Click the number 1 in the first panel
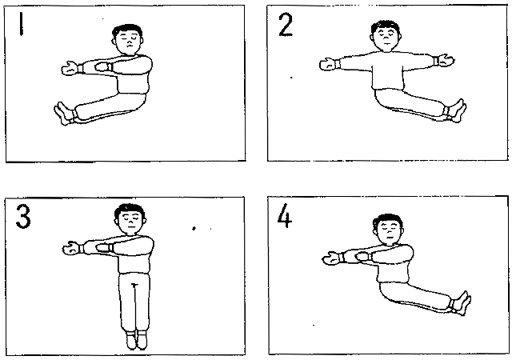click(x=22, y=24)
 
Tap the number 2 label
click(x=286, y=25)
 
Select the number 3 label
click(x=23, y=217)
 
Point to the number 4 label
click(x=284, y=215)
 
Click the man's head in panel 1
click(x=128, y=39)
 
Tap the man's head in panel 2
click(x=386, y=36)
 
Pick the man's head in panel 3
click(x=130, y=218)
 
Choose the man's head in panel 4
click(x=388, y=229)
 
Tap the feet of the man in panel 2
click(x=456, y=110)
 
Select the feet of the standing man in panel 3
click(x=137, y=340)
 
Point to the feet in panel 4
click(x=461, y=303)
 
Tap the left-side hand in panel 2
click(x=329, y=64)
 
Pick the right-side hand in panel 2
click(x=445, y=60)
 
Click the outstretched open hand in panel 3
click(x=72, y=248)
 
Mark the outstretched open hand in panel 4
click(x=332, y=258)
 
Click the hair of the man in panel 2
click(x=386, y=26)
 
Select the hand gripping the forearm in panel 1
click(x=103, y=67)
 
